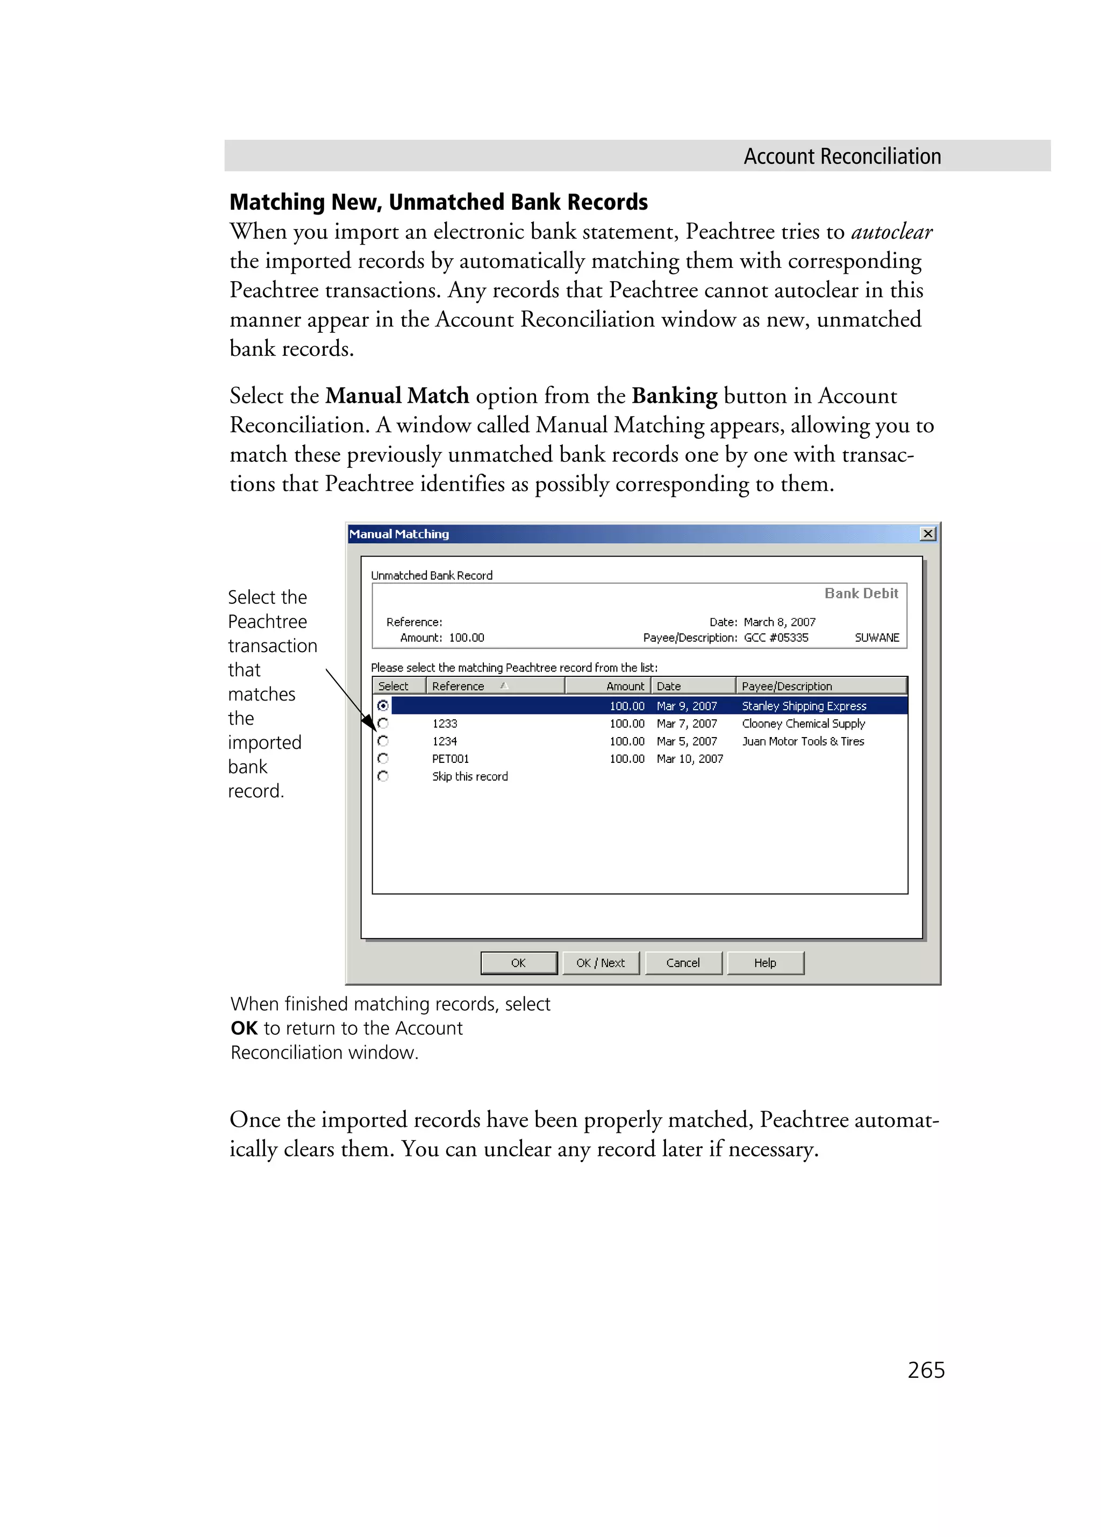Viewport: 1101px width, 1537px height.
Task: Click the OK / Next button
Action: (x=600, y=962)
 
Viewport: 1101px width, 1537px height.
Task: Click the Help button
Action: (x=765, y=962)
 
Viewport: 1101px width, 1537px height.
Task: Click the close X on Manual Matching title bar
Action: (x=927, y=533)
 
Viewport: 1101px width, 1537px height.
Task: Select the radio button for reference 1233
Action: (x=383, y=723)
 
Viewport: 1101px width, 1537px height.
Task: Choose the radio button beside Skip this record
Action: (x=383, y=776)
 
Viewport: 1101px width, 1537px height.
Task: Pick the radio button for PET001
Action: (x=383, y=759)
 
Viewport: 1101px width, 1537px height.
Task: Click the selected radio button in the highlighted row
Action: (x=383, y=705)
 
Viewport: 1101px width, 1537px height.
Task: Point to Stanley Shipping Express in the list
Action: (x=804, y=705)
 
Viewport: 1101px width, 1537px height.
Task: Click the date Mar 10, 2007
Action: (x=689, y=759)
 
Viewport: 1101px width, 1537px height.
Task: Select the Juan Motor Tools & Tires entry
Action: (x=803, y=741)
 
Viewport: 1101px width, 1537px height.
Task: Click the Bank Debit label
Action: (x=861, y=593)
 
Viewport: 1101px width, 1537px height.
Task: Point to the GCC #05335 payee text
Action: (x=776, y=637)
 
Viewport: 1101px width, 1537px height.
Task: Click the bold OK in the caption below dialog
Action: (x=244, y=1028)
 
